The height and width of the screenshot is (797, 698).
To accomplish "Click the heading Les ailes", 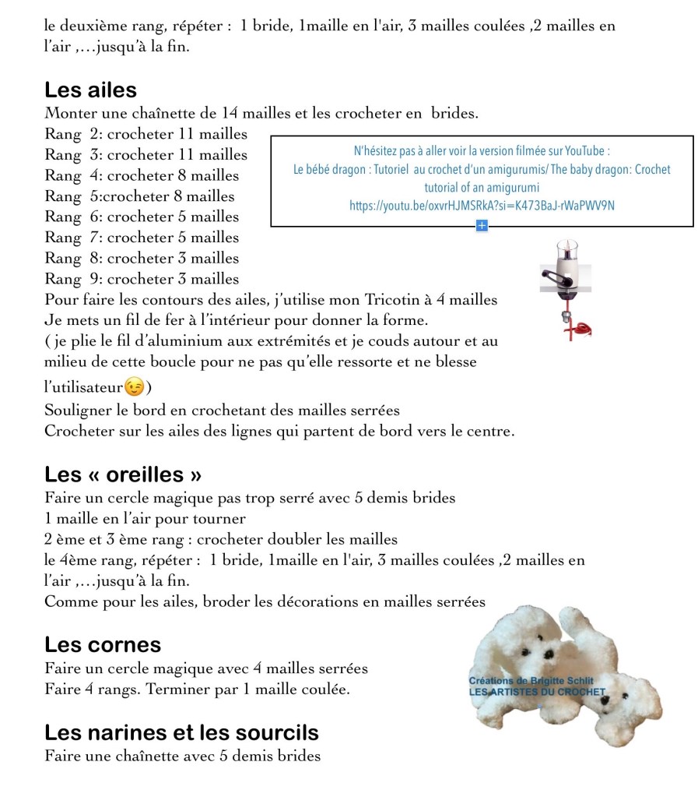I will tap(90, 90).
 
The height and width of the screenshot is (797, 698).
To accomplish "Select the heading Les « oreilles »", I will tap(125, 474).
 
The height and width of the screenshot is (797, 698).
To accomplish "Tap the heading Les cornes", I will tap(103, 644).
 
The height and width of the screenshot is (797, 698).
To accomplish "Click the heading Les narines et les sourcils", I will tap(181, 732).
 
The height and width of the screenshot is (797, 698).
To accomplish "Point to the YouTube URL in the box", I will tap(482, 206).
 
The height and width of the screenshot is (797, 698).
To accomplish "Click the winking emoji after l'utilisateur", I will tap(134, 386).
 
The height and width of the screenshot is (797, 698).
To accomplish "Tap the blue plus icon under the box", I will tap(482, 226).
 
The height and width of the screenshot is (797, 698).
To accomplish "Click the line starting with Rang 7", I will tap(142, 238).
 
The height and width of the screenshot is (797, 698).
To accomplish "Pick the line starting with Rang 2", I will tap(146, 134).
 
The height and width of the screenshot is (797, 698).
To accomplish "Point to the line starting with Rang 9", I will tap(142, 279).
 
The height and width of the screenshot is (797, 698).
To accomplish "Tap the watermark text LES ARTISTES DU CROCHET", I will tap(537, 691).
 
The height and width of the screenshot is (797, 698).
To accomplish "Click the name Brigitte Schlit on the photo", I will tap(563, 680).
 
